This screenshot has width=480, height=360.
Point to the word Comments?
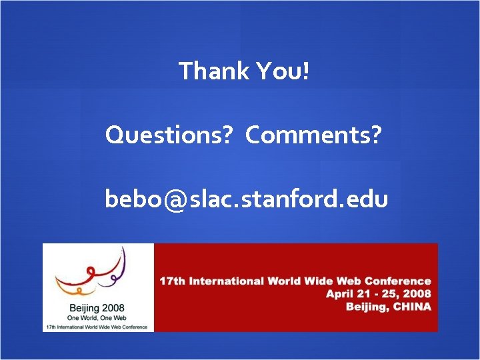[x=313, y=135]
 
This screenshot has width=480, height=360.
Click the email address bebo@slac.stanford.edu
[x=246, y=199]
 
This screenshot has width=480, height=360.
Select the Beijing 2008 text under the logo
[x=97, y=308]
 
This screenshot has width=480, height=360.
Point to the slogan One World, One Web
[x=97, y=319]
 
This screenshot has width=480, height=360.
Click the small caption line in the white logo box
[x=98, y=327]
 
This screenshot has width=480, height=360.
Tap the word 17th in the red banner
[x=172, y=281]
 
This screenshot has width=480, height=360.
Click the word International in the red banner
[x=226, y=281]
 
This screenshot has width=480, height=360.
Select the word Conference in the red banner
[x=399, y=281]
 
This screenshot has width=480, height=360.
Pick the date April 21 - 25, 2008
[x=378, y=294]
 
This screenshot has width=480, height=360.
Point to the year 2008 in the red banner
[x=418, y=294]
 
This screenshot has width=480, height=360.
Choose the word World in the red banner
[x=285, y=281]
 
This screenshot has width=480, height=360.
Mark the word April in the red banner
[x=339, y=294]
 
